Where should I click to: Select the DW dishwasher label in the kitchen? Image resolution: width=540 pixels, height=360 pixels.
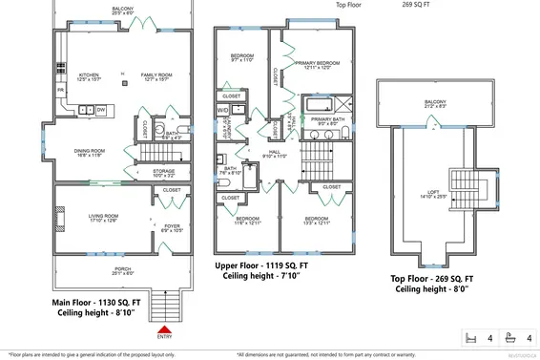click(x=100, y=110)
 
